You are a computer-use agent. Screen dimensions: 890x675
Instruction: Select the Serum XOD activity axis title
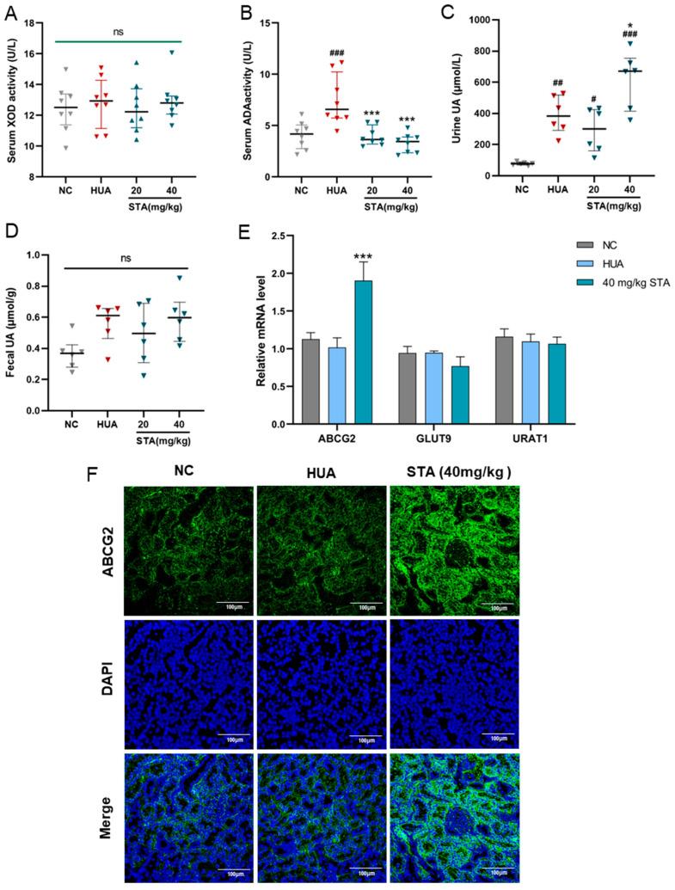tap(13, 98)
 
